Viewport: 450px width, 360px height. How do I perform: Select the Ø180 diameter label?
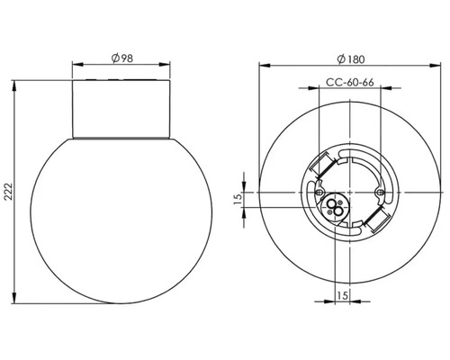(348, 58)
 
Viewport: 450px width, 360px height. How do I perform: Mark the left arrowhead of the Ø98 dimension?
(75, 66)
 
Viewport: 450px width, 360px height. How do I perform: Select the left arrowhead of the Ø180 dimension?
(261, 66)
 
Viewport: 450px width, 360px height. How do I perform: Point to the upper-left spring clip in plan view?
(319, 166)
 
